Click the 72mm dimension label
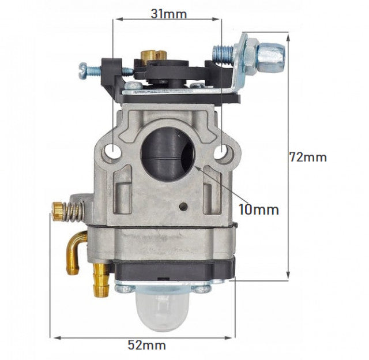307,156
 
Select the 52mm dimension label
146,345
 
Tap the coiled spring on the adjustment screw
72,211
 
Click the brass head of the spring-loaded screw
57,212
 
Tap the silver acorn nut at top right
270,54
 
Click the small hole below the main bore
183,207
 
